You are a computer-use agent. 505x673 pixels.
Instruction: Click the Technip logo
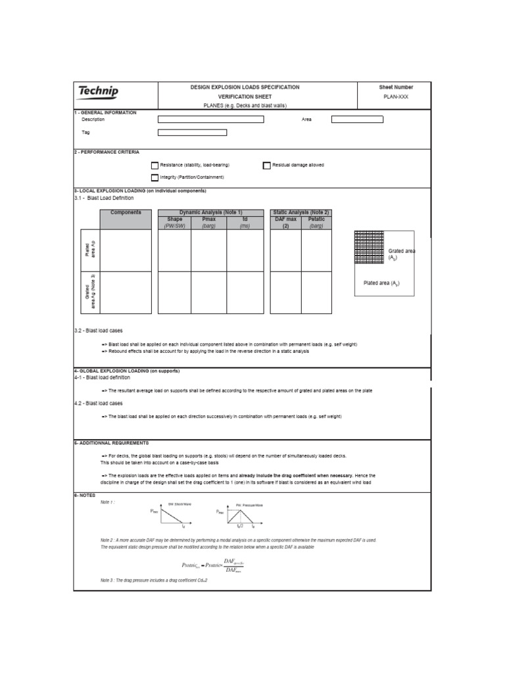point(98,91)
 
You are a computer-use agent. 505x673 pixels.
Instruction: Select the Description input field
point(210,120)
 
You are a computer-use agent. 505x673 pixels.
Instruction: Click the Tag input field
point(192,132)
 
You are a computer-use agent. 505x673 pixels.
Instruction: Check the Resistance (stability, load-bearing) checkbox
point(155,166)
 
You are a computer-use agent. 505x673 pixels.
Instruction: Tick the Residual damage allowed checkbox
point(267,166)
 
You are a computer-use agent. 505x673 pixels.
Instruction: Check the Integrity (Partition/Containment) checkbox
point(155,177)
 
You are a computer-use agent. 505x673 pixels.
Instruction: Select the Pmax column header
point(209,219)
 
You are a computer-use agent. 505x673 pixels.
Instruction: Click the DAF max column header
point(286,219)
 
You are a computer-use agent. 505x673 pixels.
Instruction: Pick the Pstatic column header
point(316,219)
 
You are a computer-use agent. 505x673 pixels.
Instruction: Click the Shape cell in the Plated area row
point(174,250)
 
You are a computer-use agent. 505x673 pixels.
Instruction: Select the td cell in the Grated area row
point(245,292)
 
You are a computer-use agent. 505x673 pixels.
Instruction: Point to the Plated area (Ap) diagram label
point(381,283)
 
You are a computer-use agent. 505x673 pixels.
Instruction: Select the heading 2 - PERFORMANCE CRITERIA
point(107,152)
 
